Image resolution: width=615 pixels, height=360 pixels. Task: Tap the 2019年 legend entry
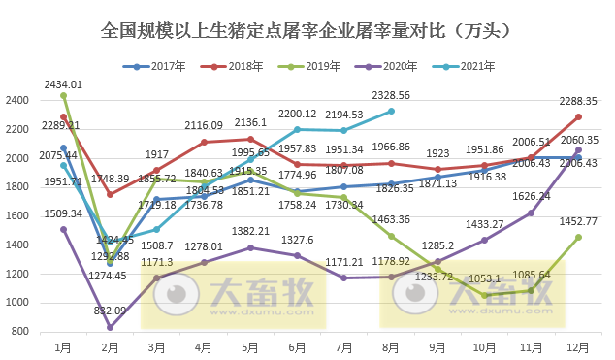(x=317, y=67)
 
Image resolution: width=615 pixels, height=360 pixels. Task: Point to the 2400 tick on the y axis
(x=17, y=100)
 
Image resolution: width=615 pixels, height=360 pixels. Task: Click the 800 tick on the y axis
(x=20, y=332)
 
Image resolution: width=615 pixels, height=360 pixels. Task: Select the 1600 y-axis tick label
(x=17, y=216)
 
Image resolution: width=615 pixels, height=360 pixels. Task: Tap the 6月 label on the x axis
(x=296, y=346)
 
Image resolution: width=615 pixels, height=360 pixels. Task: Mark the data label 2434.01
(x=63, y=84)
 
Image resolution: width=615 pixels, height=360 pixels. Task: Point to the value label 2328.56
(x=391, y=96)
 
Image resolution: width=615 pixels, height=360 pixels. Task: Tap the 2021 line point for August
(x=391, y=111)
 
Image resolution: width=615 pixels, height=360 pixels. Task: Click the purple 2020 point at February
(x=111, y=327)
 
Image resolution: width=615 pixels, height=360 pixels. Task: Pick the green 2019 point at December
(x=578, y=237)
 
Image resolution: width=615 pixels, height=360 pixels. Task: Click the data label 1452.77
(x=579, y=221)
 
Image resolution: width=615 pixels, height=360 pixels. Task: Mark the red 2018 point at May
(x=250, y=139)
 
